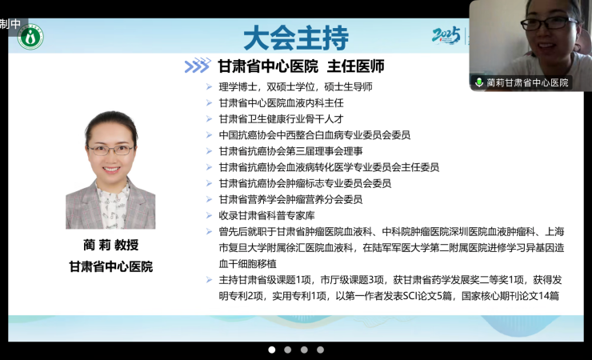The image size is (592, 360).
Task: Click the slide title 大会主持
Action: [296, 38]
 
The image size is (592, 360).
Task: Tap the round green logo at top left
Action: [30, 37]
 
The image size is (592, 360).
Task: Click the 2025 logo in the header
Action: [446, 35]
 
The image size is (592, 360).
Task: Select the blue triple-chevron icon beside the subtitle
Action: [197, 66]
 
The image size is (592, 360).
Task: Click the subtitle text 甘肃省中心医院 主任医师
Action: [302, 66]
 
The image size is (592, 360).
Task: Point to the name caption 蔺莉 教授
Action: [111, 245]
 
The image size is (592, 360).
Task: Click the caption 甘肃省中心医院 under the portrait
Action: [111, 266]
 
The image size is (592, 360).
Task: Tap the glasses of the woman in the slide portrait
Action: [110, 150]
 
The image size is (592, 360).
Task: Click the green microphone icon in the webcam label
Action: [479, 82]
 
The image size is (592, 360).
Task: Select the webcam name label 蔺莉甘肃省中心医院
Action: [527, 82]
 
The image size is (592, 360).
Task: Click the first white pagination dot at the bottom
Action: [271, 350]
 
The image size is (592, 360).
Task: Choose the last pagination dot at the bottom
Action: [320, 350]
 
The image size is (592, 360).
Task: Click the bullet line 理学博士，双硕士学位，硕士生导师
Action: [296, 86]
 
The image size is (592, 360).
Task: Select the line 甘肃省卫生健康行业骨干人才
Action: [282, 119]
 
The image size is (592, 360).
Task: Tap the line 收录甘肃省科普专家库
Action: [267, 215]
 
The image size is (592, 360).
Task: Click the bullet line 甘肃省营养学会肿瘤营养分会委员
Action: [290, 199]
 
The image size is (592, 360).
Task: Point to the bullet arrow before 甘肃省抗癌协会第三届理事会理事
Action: [209, 151]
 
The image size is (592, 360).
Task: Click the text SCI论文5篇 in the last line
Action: [427, 296]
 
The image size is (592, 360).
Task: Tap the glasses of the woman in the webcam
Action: [550, 23]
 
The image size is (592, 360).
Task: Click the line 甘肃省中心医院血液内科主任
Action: [282, 103]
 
